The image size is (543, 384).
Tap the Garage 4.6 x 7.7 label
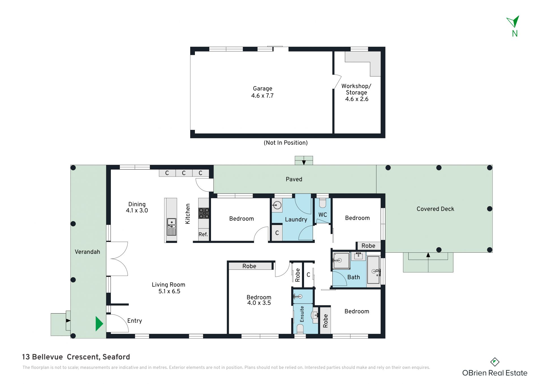point(262,92)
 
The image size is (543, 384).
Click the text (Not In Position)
point(286,143)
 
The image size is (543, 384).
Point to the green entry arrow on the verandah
point(99,324)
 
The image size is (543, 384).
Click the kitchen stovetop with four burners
point(204,213)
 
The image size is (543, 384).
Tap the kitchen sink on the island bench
point(171,227)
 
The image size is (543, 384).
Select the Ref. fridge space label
point(203,234)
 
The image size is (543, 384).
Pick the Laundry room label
point(296,219)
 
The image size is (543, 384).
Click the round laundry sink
point(277,205)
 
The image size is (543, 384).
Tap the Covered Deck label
point(435,209)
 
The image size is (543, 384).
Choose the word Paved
point(294,179)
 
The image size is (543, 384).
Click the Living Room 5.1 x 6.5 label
point(169,288)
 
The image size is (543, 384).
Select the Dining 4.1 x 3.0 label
point(137,207)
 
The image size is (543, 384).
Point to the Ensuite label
point(302,314)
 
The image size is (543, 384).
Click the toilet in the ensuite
point(300,329)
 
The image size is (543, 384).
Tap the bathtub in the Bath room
point(374,270)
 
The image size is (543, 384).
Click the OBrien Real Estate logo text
point(495,373)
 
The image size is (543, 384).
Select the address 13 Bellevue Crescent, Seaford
point(76,357)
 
